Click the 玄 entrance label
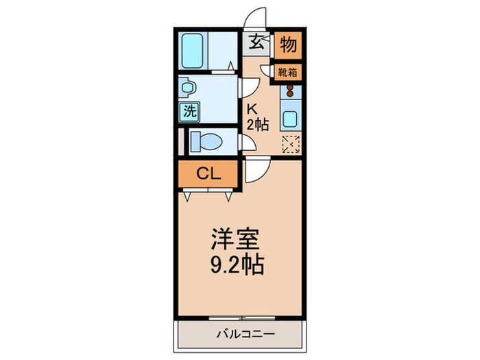click(255, 43)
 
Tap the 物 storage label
click(289, 45)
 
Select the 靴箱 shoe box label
click(288, 72)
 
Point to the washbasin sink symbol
click(187, 87)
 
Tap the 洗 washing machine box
click(188, 110)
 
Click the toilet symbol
click(205, 141)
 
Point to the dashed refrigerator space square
click(291, 143)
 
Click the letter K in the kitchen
click(252, 108)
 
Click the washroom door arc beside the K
click(250, 88)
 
